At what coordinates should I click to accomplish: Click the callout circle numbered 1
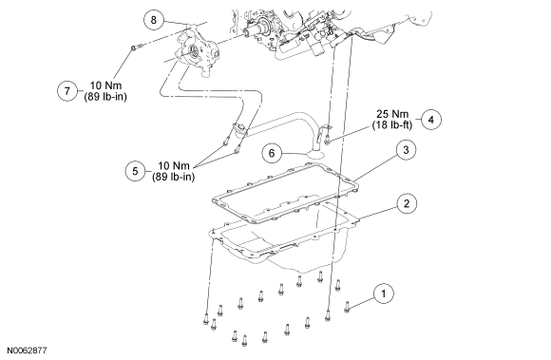[x=384, y=294]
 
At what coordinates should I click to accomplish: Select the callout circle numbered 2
[x=407, y=203]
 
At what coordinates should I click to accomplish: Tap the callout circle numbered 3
[x=406, y=150]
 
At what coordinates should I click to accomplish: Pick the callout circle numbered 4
[x=430, y=120]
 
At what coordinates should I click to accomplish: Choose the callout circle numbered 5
[x=136, y=171]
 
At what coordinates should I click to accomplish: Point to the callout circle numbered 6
[x=272, y=153]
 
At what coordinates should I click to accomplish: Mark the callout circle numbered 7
[x=67, y=91]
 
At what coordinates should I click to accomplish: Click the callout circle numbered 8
[x=154, y=20]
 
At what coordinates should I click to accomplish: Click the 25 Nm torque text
[x=392, y=114]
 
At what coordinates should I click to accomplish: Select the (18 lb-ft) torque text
[x=392, y=125]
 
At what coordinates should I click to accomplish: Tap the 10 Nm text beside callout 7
[x=105, y=85]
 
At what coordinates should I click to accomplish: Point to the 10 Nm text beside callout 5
[x=174, y=166]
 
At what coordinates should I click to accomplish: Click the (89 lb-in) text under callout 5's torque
[x=174, y=177]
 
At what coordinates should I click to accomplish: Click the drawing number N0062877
[x=27, y=351]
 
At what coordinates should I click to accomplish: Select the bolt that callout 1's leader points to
[x=347, y=307]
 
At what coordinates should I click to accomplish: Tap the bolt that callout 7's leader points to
[x=136, y=47]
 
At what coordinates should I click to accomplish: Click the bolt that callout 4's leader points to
[x=328, y=139]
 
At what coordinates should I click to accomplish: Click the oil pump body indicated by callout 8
[x=197, y=52]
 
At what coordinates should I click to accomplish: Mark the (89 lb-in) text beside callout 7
[x=105, y=97]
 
